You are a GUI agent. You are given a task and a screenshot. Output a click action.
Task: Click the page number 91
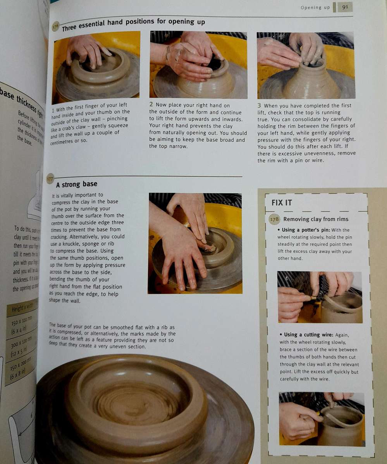[344, 7]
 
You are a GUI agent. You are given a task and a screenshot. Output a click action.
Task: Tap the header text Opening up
[315, 7]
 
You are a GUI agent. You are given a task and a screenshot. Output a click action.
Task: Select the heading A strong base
[76, 184]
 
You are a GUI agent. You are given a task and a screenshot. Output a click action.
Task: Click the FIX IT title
[282, 202]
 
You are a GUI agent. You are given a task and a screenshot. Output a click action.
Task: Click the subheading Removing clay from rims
[316, 219]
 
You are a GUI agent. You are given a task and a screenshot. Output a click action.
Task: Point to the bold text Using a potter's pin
[306, 230]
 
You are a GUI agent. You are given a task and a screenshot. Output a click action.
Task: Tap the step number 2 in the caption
[151, 104]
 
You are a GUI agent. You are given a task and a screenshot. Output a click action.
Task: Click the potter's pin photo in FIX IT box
[320, 297]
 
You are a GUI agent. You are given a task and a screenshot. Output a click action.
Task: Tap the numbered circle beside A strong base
[50, 179]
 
